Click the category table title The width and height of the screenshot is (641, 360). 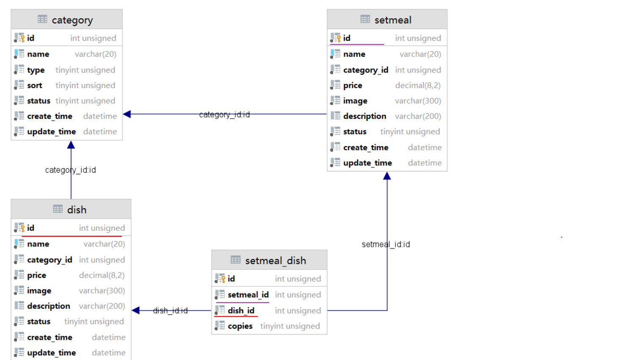72,20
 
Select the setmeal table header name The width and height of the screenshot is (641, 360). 392,20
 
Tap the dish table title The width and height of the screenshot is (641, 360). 77,210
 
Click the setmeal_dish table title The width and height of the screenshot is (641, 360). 275,260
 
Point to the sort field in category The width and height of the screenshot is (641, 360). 35,86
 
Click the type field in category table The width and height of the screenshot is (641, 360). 36,70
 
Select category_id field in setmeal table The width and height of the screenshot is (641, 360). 365,70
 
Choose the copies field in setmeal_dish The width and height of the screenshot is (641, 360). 240,326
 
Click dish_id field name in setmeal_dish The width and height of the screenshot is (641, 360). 241,310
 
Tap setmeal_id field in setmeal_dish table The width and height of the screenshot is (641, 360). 248,295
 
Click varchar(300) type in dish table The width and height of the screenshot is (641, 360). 102,291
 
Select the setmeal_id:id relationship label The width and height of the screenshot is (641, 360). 386,244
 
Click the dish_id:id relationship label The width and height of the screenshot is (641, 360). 170,310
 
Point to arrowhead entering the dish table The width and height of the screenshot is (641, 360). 135,310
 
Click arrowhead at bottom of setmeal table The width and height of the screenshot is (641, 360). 387,176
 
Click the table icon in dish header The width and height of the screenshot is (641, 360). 58,209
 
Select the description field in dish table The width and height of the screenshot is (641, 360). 48,306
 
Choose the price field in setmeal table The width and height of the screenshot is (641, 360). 353,86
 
